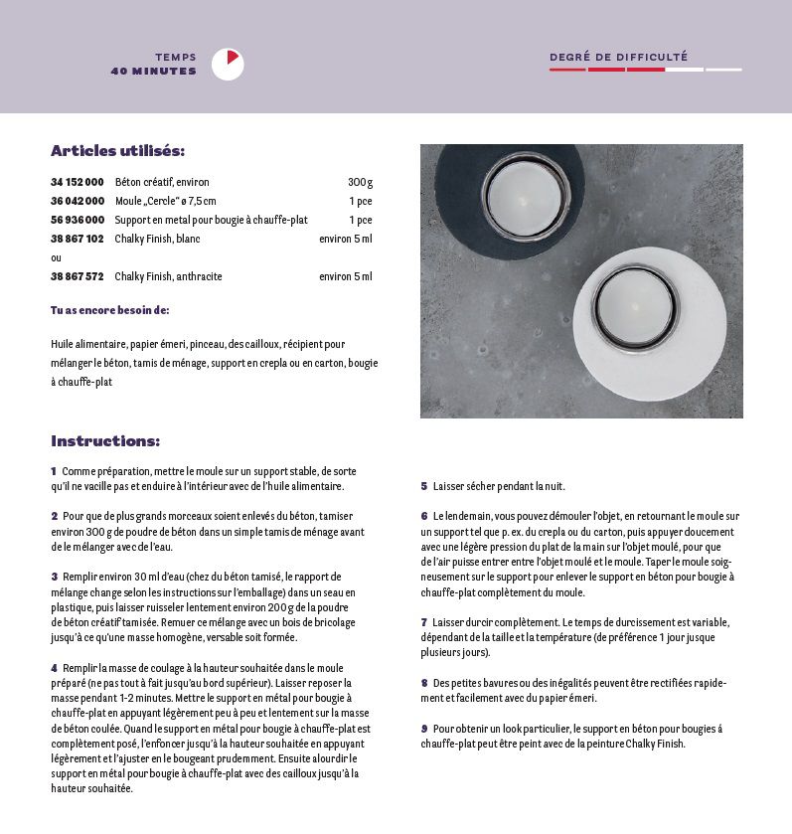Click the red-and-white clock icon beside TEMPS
click(228, 64)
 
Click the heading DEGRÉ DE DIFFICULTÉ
click(618, 58)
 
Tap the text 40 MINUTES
click(153, 72)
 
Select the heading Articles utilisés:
click(117, 151)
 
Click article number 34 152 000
click(78, 182)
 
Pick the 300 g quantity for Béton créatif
click(360, 182)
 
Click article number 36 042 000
click(78, 201)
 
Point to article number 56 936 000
click(78, 220)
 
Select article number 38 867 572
click(78, 276)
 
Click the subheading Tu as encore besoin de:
click(109, 310)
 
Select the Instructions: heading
click(105, 441)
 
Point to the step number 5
click(423, 486)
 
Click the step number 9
click(423, 729)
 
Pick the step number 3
click(54, 577)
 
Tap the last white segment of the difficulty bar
click(723, 70)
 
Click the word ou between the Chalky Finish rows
click(56, 257)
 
